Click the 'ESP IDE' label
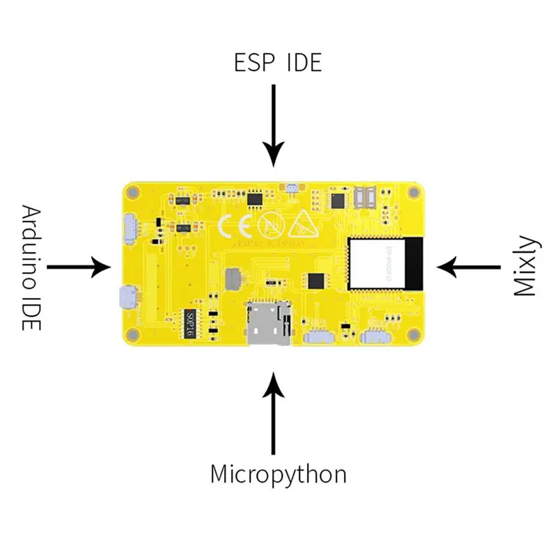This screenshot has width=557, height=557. click(x=278, y=63)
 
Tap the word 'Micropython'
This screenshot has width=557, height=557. click(x=278, y=475)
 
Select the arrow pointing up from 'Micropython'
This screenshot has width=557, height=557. click(x=274, y=411)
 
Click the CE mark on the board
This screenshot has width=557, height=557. click(x=233, y=226)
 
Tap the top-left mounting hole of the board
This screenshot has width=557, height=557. click(x=135, y=191)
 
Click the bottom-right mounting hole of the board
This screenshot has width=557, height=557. click(x=414, y=335)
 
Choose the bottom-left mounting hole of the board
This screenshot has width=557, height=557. click(x=135, y=335)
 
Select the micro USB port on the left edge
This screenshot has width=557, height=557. click(x=127, y=297)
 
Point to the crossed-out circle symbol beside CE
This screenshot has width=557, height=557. click(x=269, y=225)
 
